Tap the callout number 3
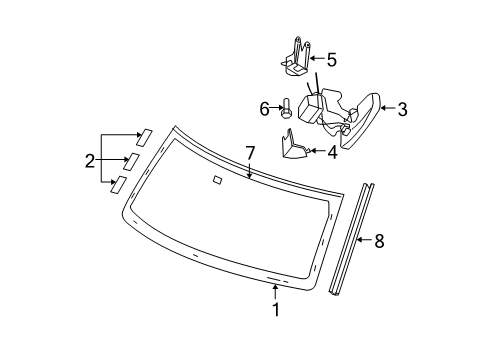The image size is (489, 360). point(403,110)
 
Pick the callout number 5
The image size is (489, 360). point(332,59)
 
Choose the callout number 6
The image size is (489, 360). point(265,107)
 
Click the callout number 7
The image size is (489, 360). point(250,152)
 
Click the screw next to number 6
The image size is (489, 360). point(285,107)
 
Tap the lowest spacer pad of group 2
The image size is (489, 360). point(119,183)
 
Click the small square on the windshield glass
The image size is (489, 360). point(217,181)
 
